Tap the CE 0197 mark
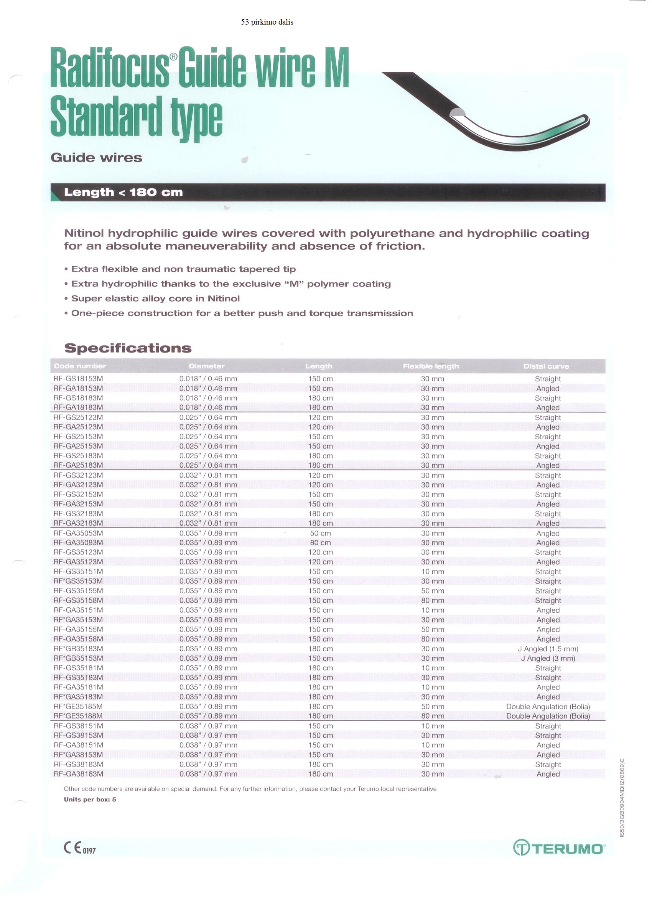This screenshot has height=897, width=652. click(79, 848)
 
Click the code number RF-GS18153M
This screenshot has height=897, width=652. click(78, 379)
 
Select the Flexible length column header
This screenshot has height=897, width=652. click(431, 366)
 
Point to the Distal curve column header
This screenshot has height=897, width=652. click(546, 366)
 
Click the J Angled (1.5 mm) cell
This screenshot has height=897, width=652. click(548, 649)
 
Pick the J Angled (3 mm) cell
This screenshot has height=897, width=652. click(548, 658)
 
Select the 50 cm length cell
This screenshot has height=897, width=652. click(320, 533)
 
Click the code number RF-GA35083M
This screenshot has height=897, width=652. click(78, 542)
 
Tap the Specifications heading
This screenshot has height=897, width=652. click(128, 348)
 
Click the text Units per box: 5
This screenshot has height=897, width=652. click(90, 799)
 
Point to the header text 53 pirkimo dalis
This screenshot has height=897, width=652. click(267, 22)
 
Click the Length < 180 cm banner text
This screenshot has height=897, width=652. click(123, 193)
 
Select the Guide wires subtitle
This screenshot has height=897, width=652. click(97, 157)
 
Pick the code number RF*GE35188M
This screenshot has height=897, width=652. click(78, 716)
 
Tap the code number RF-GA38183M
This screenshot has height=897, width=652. click(78, 774)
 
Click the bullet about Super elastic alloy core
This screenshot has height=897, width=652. click(155, 298)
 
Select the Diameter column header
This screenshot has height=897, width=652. click(206, 366)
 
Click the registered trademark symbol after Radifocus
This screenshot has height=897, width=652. click(173, 57)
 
